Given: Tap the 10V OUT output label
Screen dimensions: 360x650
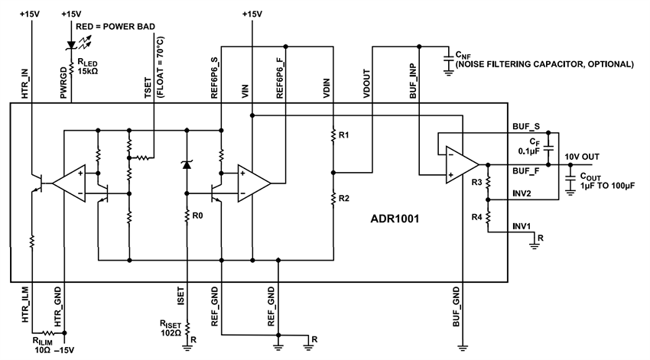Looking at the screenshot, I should pos(583,157).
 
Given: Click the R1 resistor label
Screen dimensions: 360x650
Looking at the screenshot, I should pos(343,135).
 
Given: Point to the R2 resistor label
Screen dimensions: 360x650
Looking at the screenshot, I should pos(343,199).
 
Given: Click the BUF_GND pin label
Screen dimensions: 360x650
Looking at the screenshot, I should pos(457,303).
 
